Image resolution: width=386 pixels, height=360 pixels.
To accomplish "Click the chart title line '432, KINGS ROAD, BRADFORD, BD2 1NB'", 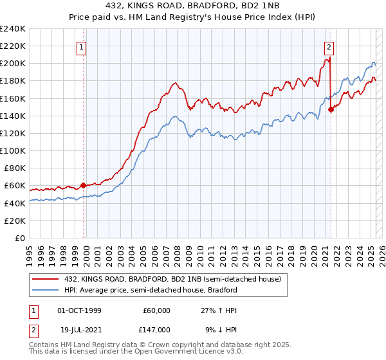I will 193,6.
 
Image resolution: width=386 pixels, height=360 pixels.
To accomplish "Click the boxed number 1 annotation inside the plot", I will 84,46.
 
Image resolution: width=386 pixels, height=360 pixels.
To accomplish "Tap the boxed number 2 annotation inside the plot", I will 329,46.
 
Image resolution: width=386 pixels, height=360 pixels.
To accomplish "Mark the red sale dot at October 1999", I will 84,186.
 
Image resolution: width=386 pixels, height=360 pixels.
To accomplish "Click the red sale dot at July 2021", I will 331,109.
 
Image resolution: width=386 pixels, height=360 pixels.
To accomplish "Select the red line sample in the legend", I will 46,279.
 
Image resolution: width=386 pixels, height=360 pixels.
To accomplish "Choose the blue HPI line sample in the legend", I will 46,290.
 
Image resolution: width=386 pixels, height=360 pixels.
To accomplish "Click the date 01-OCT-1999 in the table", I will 79,310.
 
